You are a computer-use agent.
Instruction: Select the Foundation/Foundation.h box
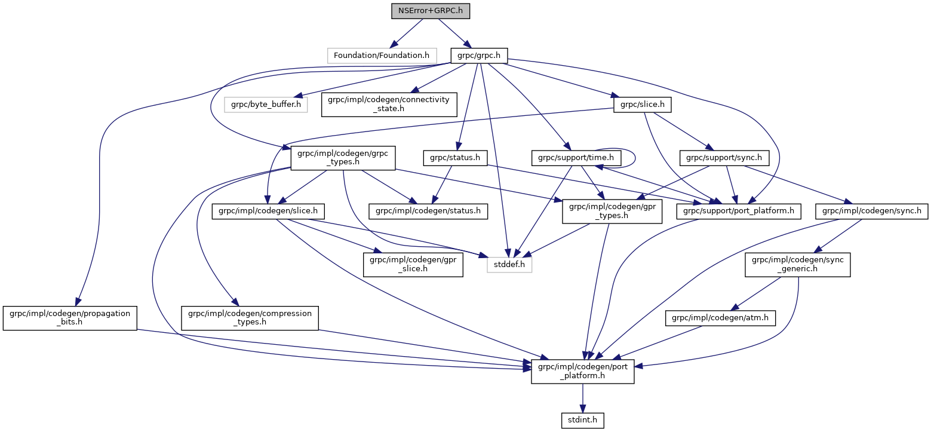pyautogui.click(x=381, y=56)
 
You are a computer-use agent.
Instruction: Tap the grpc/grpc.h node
pyautogui.click(x=478, y=56)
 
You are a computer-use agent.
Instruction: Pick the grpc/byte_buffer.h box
pyautogui.click(x=266, y=105)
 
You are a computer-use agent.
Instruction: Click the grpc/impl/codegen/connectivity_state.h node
pyautogui.click(x=389, y=105)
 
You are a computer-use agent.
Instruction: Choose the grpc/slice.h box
pyautogui.click(x=642, y=105)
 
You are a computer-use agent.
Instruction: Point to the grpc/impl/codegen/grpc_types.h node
pyautogui.click(x=339, y=158)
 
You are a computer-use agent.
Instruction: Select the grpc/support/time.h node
pyautogui.click(x=576, y=158)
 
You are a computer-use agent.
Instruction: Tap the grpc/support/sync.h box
pyautogui.click(x=724, y=158)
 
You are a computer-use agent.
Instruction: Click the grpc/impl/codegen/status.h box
pyautogui.click(x=428, y=211)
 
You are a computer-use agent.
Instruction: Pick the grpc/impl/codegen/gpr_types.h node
pyautogui.click(x=612, y=211)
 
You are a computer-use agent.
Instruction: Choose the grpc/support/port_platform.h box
pyautogui.click(x=738, y=211)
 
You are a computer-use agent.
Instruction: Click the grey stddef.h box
pyautogui.click(x=508, y=264)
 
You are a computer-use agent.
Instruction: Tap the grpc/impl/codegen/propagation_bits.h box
pyautogui.click(x=70, y=317)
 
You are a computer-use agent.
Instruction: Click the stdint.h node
pyautogui.click(x=582, y=421)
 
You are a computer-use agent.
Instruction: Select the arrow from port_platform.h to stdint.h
pyautogui.click(x=582, y=398)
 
